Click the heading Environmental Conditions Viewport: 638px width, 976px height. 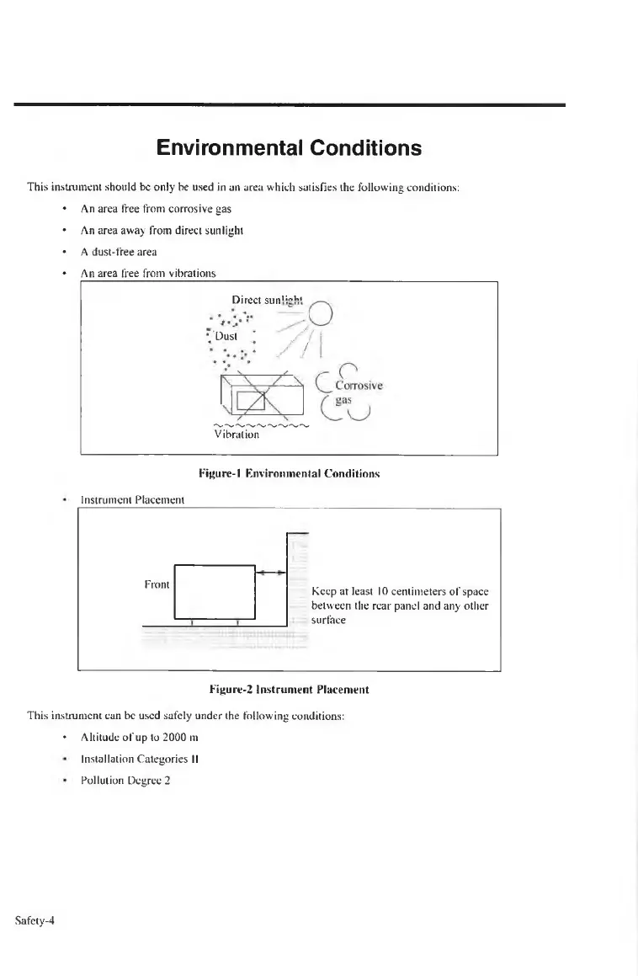click(x=289, y=149)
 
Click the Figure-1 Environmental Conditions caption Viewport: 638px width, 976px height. click(x=290, y=474)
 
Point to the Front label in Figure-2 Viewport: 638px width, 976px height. click(x=157, y=584)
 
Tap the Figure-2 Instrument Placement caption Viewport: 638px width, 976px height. click(x=289, y=690)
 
